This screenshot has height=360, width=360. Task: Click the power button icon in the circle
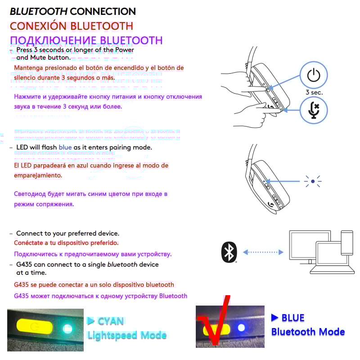coord(314,75)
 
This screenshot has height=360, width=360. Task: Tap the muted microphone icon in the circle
coord(314,110)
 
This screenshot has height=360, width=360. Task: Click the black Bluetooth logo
coord(229,252)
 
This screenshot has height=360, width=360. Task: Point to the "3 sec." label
coord(314,92)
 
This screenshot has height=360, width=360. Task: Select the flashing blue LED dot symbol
coord(312,182)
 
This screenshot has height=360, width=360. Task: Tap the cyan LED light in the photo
coord(68,328)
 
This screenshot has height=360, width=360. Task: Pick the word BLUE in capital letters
coord(293,318)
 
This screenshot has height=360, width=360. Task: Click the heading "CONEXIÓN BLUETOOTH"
coord(72,26)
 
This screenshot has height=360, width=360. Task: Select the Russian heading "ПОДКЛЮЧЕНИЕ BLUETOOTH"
coord(86,40)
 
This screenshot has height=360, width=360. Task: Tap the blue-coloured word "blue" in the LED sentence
coord(65,148)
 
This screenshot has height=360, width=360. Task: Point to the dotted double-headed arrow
coord(263,252)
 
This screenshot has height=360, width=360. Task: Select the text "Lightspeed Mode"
coord(127,335)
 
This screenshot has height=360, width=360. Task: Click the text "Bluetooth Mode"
coord(308,332)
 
